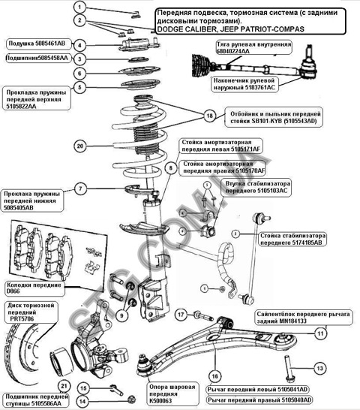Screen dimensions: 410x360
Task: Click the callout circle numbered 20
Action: click(80, 146)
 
